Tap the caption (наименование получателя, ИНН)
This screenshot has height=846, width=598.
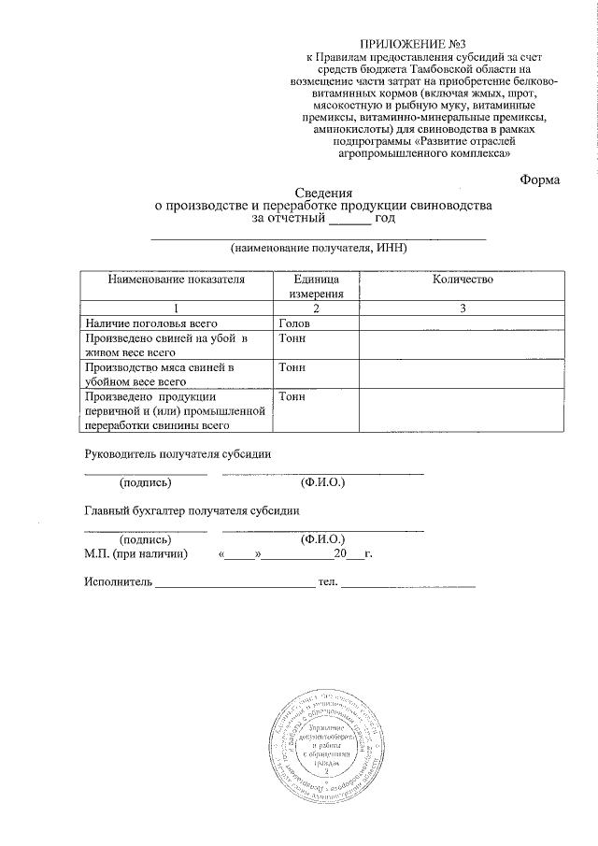[320, 250]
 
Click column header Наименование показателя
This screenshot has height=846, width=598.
[176, 280]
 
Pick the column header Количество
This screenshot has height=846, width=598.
[462, 280]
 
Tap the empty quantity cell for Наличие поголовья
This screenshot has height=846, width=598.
[462, 323]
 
